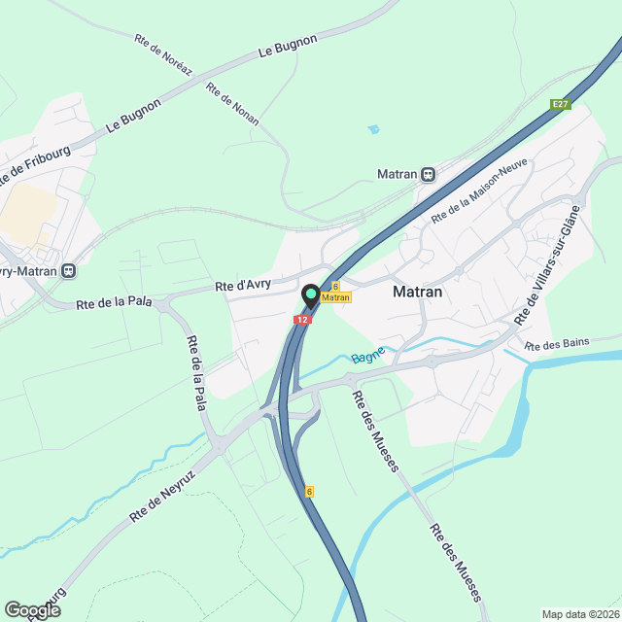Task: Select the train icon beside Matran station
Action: (428, 175)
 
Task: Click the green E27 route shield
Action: (559, 104)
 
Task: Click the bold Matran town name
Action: (418, 291)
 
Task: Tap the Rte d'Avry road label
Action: (243, 286)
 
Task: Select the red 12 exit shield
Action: (304, 319)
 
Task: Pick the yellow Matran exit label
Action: (335, 297)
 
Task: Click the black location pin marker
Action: (311, 294)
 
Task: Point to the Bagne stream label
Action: (368, 355)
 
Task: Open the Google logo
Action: (31, 609)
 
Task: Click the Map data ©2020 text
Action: (580, 614)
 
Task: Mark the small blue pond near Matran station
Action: (373, 128)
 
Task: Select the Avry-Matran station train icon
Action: (68, 271)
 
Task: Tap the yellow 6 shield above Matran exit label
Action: (335, 287)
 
